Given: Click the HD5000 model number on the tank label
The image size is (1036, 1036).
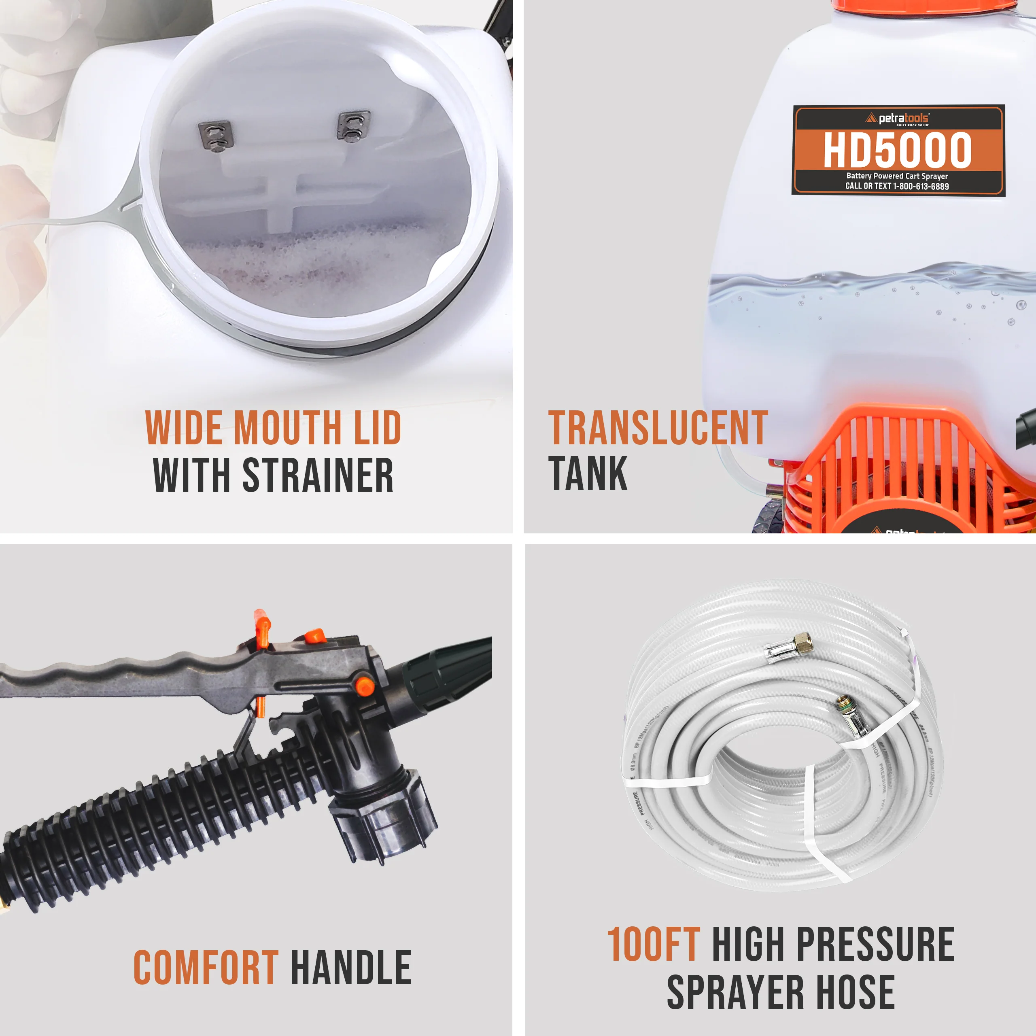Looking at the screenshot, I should pyautogui.click(x=897, y=151).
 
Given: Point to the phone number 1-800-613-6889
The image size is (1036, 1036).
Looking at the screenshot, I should pyautogui.click(x=921, y=187).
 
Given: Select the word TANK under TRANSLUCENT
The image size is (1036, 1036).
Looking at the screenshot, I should pyautogui.click(x=587, y=473).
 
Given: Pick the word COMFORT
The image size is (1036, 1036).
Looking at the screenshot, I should pyautogui.click(x=206, y=967).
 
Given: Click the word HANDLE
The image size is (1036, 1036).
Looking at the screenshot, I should pyautogui.click(x=351, y=967).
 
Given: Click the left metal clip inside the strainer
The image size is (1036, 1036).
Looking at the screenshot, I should pyautogui.click(x=216, y=136).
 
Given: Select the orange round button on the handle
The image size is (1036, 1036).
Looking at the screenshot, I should pyautogui.click(x=365, y=686).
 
